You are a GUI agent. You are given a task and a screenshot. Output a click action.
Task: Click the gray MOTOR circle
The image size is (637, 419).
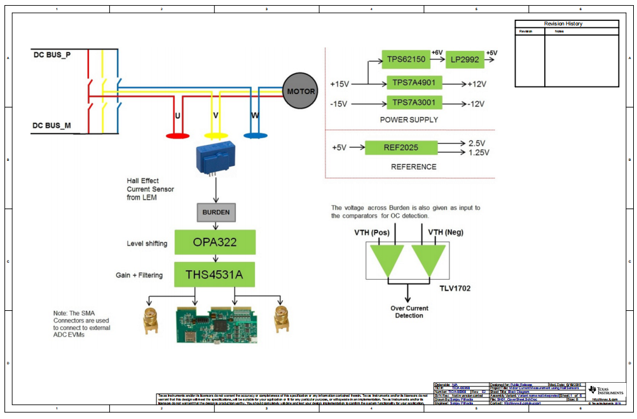click(x=301, y=92)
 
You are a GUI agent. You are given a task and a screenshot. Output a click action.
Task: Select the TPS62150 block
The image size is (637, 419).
click(x=406, y=60)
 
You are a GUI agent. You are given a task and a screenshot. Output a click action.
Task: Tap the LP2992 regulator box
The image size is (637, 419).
click(x=465, y=60)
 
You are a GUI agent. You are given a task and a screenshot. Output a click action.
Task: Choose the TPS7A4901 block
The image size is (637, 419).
click(x=414, y=83)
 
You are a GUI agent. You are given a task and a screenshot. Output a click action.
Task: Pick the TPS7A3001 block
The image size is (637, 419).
click(x=414, y=103)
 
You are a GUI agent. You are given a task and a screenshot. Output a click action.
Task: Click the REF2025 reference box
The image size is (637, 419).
click(x=401, y=148)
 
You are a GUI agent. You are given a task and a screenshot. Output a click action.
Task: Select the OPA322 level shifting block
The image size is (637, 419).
click(x=215, y=242)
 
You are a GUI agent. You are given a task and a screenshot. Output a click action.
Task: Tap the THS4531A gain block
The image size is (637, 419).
click(x=215, y=275)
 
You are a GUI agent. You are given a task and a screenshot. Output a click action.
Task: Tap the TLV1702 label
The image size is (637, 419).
click(x=454, y=287)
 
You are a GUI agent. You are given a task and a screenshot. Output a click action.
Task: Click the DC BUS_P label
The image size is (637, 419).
click(x=52, y=55)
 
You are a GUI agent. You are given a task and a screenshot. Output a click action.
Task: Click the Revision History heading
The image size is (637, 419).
click(x=563, y=24)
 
